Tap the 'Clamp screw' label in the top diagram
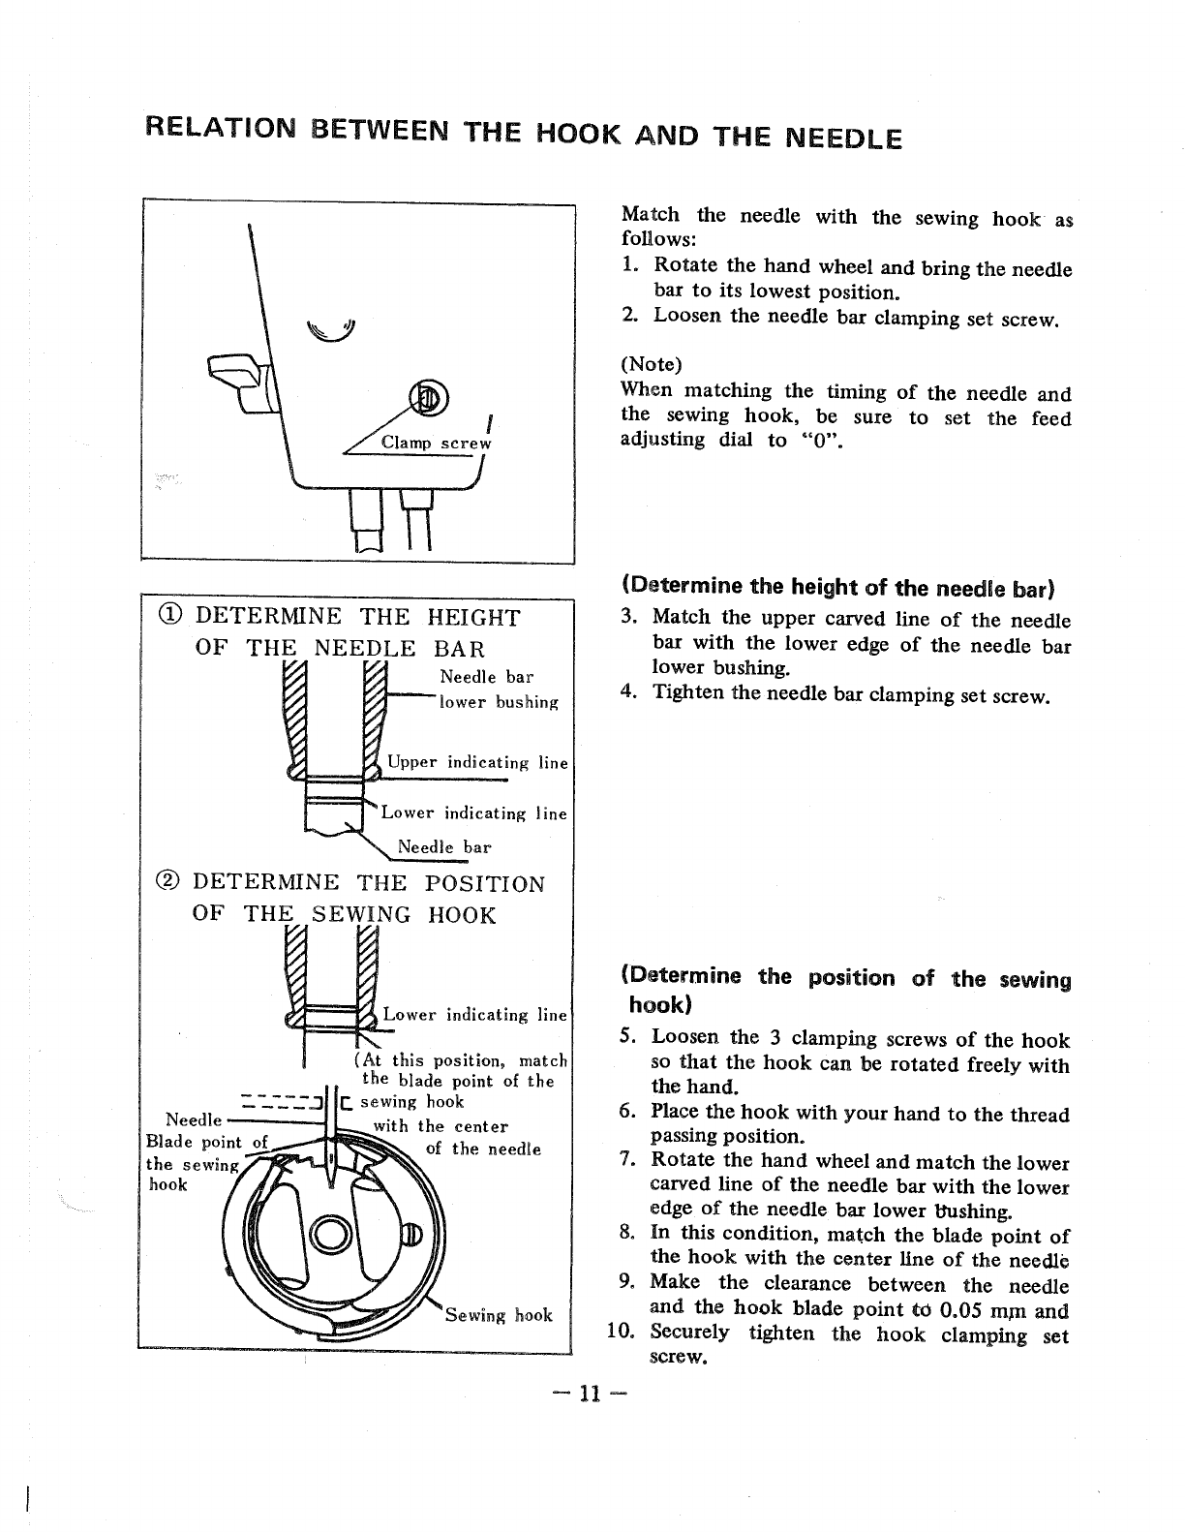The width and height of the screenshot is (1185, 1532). click(x=437, y=443)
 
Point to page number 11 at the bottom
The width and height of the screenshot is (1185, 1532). click(x=589, y=1394)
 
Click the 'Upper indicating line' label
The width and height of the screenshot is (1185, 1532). click(x=477, y=763)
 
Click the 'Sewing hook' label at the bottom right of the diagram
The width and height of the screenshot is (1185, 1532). click(x=498, y=1314)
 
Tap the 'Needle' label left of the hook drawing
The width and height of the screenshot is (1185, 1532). click(x=195, y=1119)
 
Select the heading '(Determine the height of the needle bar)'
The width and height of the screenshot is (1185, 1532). click(x=838, y=587)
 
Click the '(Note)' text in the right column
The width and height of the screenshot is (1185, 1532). click(x=651, y=365)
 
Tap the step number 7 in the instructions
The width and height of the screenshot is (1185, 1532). click(x=629, y=1160)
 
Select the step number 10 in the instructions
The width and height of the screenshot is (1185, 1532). click(x=620, y=1333)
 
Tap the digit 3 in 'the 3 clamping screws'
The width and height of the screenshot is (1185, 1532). click(x=775, y=1039)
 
